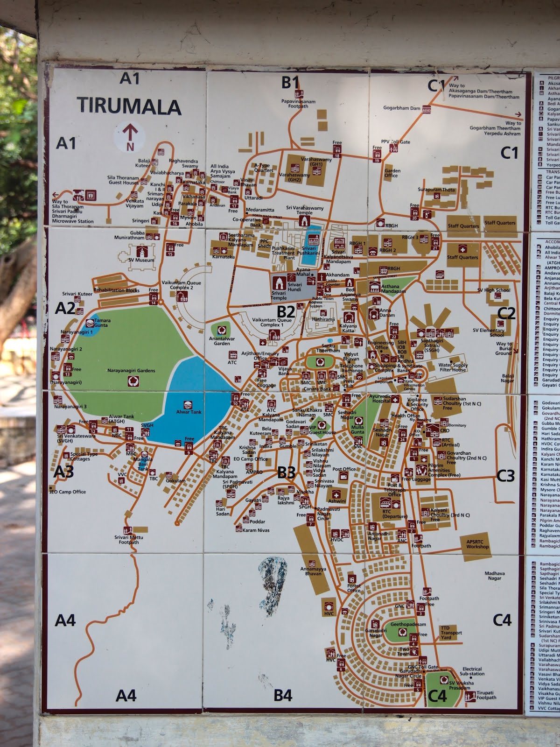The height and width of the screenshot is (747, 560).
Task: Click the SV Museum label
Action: tap(141, 260)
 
